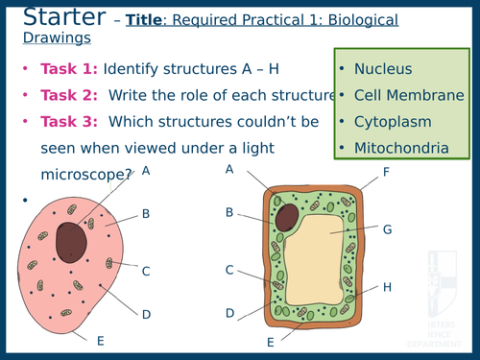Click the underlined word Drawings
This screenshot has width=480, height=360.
57,37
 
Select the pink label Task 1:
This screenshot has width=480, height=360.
69,69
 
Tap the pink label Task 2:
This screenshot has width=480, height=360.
69,96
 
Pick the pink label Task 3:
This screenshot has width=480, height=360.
69,123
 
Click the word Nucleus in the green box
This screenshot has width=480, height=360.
383,69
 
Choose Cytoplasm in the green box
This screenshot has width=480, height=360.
392,122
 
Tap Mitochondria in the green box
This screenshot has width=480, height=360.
399,148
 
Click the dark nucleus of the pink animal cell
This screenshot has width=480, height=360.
72,241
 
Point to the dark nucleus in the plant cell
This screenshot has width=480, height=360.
287,216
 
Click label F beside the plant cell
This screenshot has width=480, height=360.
386,173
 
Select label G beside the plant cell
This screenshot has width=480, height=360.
387,230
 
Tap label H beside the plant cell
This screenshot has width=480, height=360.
387,287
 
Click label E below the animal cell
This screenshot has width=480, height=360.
100,340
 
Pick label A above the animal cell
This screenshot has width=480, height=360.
146,171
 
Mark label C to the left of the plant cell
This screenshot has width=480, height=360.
229,271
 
